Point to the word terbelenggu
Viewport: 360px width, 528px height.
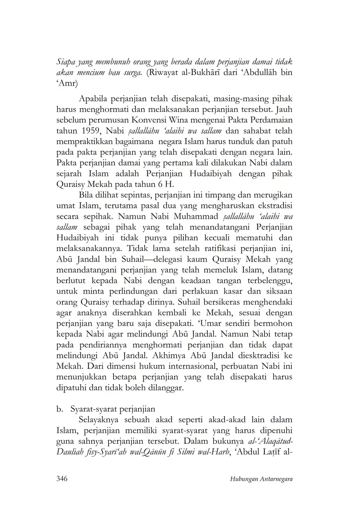point(268,281)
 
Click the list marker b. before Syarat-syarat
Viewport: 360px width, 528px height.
point(59,409)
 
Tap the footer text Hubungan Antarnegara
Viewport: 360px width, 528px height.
point(261,479)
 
